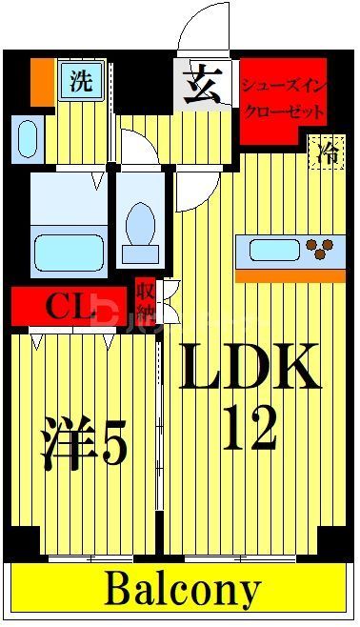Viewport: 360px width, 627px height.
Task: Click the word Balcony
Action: coord(181,591)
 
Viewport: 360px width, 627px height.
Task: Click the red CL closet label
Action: coord(69,306)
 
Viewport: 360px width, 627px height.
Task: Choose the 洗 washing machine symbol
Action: coord(81,81)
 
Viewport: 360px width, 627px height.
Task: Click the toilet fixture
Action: coord(140,224)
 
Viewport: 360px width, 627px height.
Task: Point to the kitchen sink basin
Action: coord(275,251)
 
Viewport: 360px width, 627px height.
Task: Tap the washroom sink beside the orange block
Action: coord(28,137)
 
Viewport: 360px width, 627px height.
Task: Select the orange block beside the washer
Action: coord(42,82)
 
